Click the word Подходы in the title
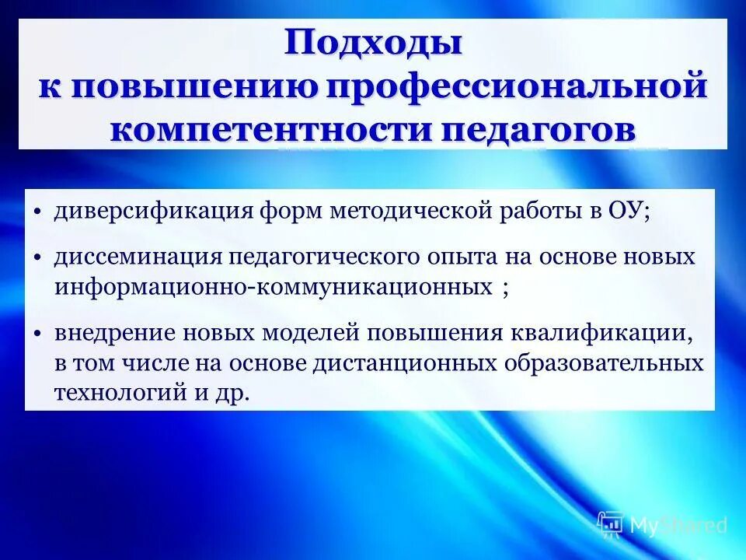click(x=373, y=43)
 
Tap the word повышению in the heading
click(x=194, y=86)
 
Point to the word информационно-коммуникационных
click(x=272, y=286)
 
